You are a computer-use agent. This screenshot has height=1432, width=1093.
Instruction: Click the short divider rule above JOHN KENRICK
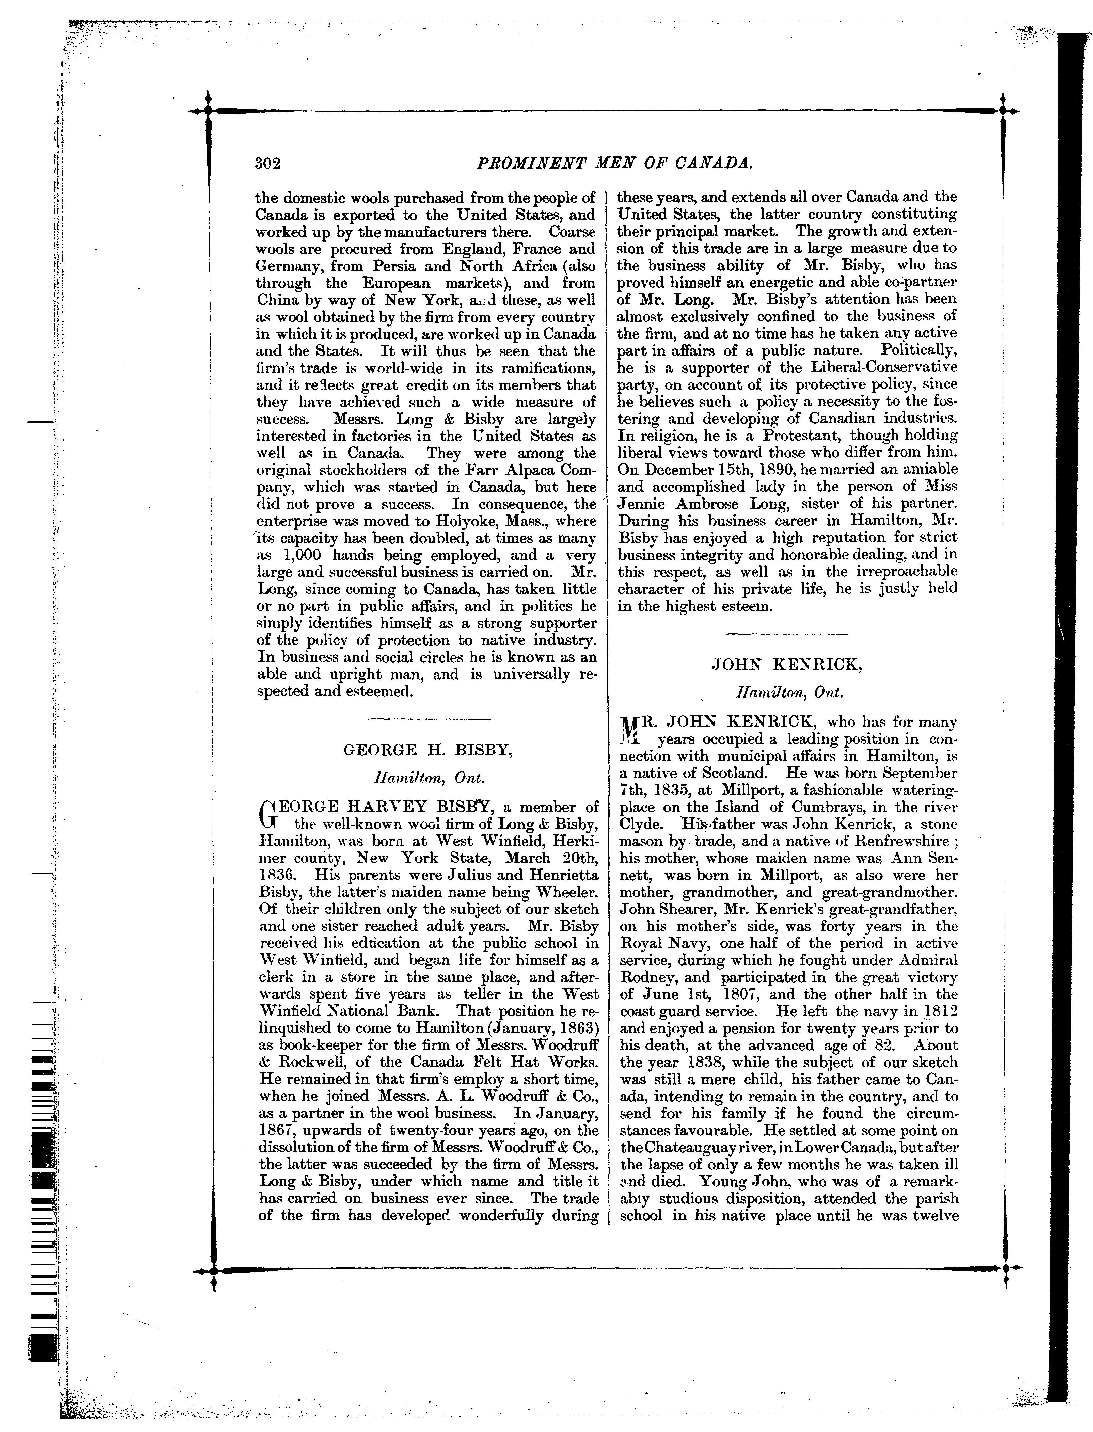click(787, 633)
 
